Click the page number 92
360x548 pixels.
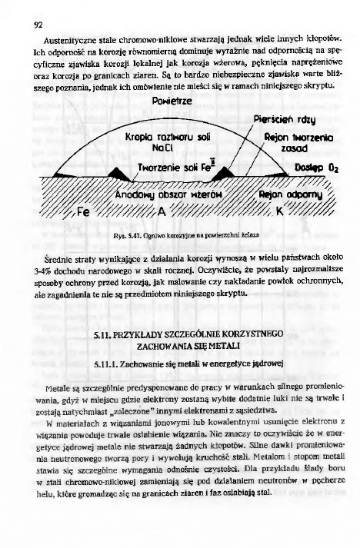click(36, 22)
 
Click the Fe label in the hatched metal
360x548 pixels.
click(82, 210)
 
